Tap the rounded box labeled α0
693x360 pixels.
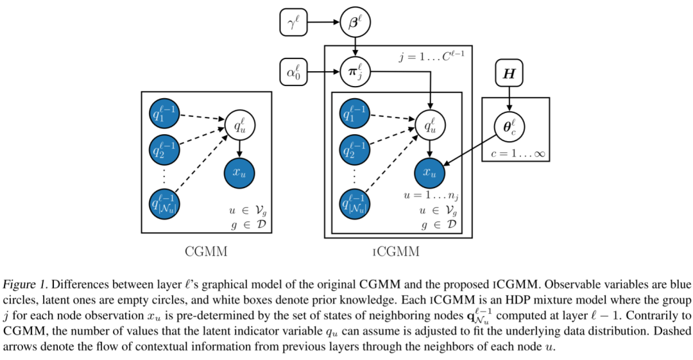[294, 72]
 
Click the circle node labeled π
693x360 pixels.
[355, 72]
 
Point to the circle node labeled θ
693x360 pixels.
[509, 126]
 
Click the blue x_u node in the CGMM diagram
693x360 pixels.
[239, 172]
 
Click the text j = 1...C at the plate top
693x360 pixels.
[431, 58]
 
